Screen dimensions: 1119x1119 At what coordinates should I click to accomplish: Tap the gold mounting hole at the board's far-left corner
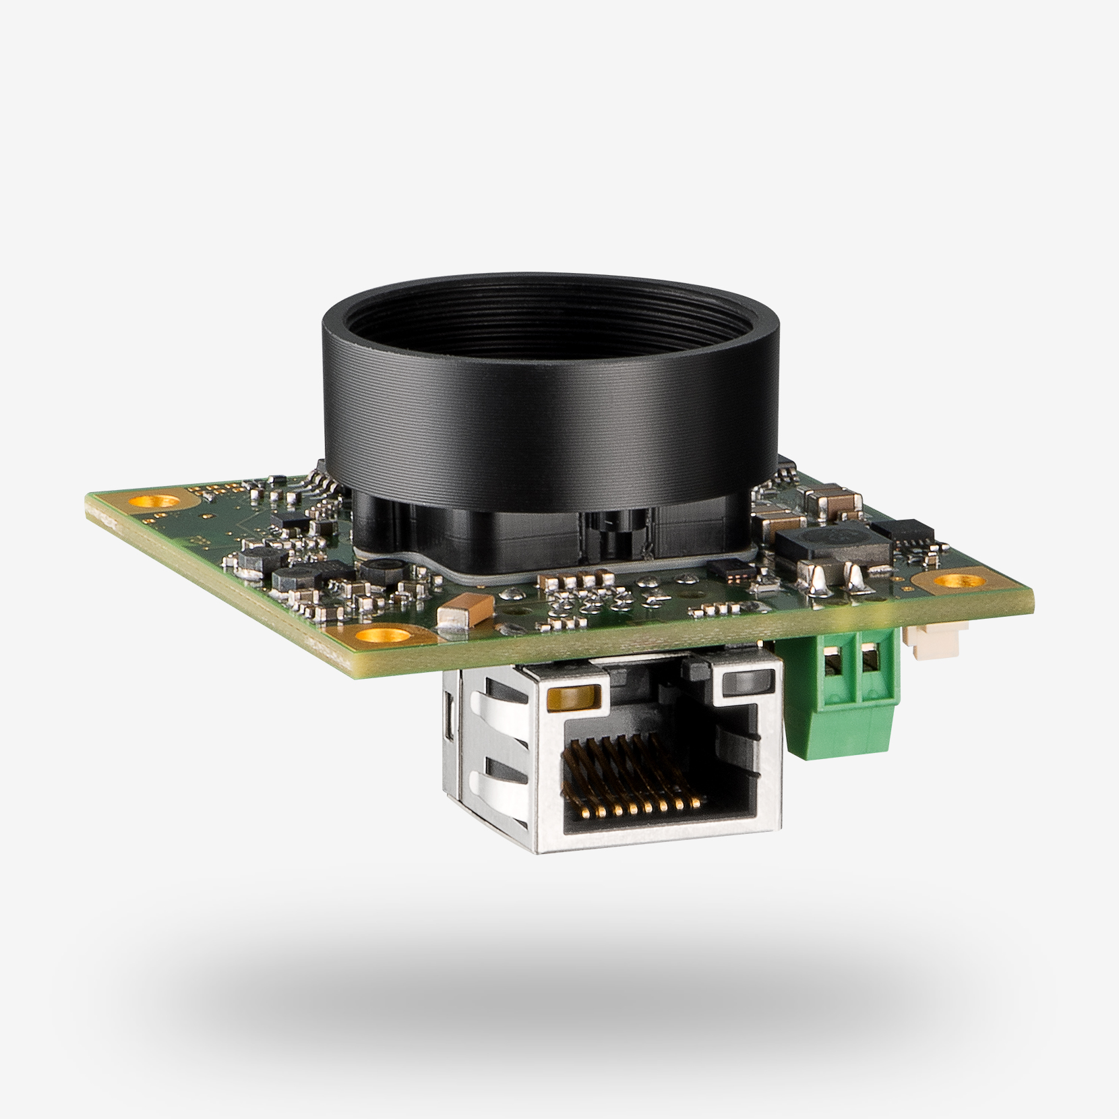(x=156, y=501)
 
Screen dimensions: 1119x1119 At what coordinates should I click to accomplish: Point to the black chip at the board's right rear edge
(x=903, y=533)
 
